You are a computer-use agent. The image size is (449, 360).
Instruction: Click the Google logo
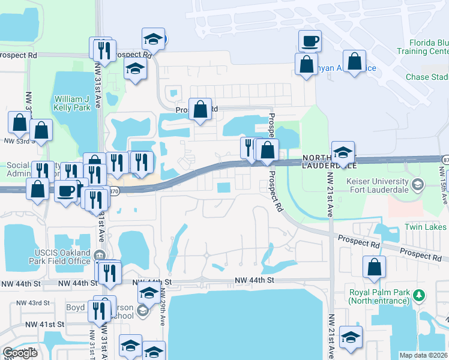tap(20, 353)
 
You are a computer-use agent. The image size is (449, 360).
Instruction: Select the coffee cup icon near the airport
tap(310, 41)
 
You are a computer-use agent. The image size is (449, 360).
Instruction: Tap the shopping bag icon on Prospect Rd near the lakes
tap(200, 109)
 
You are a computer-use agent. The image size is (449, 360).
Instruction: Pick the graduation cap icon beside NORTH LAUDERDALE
tap(343, 151)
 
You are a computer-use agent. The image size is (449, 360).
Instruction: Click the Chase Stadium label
tap(427, 77)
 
